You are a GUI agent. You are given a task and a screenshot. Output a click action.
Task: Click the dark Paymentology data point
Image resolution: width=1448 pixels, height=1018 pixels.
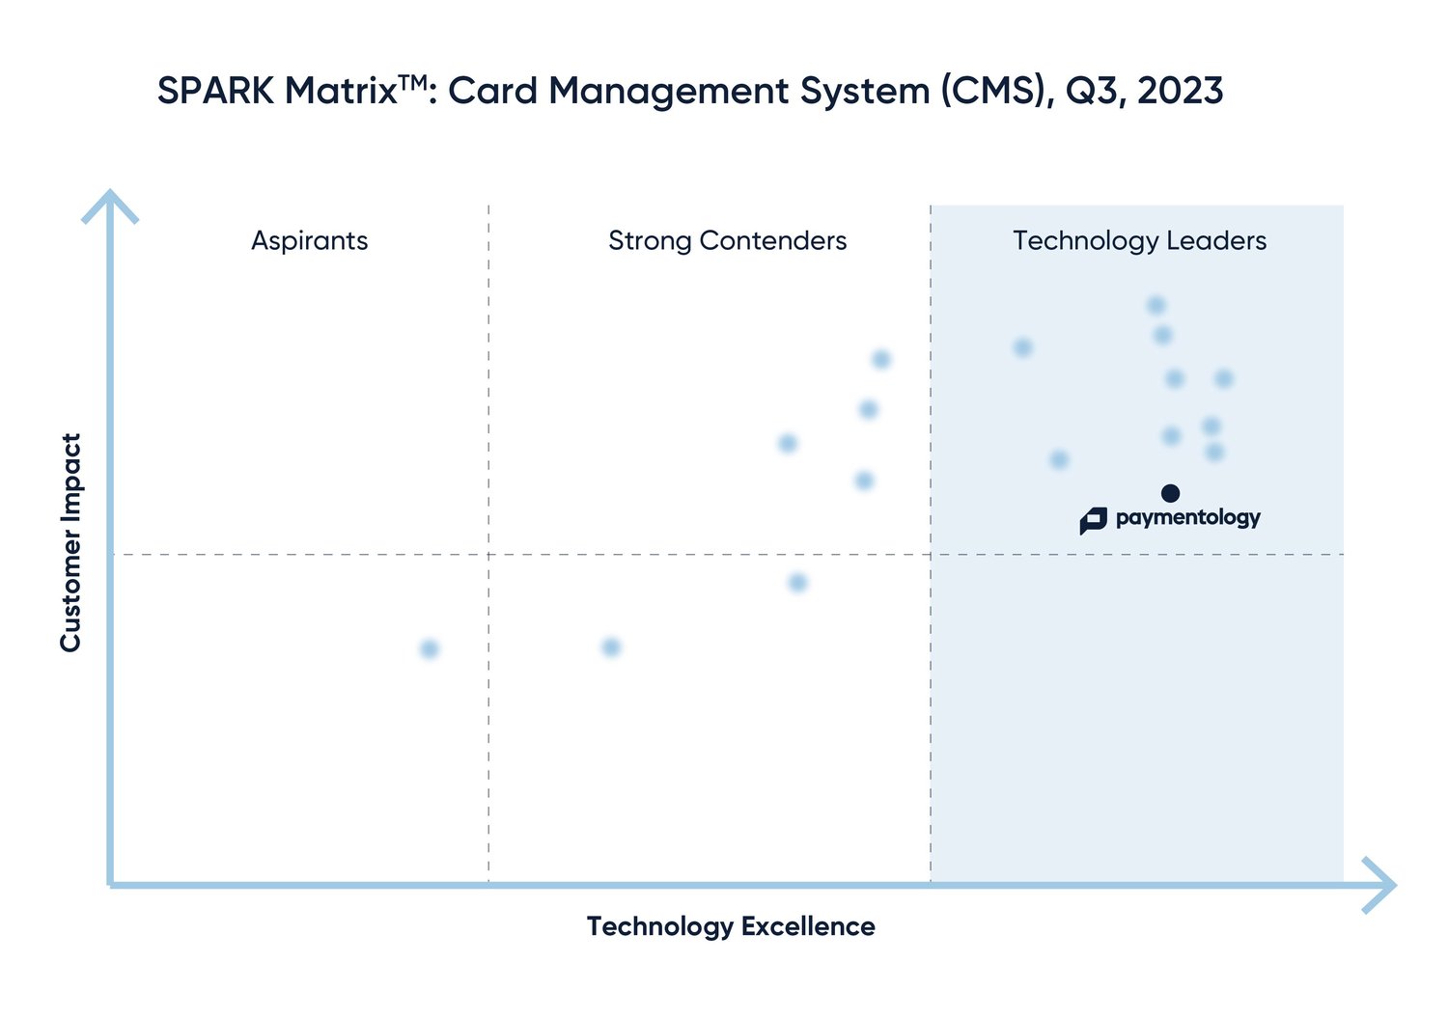pos(1170,493)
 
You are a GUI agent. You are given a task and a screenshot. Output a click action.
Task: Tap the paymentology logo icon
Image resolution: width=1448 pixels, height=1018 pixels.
pos(1093,520)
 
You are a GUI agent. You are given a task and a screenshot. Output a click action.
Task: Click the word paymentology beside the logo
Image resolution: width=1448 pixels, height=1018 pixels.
pos(1187,518)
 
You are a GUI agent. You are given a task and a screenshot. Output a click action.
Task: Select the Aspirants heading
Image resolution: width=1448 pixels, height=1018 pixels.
pos(310,240)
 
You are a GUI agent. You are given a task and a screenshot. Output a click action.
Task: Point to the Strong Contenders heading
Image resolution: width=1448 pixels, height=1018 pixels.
pos(727,240)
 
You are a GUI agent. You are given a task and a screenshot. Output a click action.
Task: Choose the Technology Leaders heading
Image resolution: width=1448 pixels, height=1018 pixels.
pos(1139,240)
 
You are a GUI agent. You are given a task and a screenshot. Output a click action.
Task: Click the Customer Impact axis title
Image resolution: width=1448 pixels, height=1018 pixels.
pos(70,542)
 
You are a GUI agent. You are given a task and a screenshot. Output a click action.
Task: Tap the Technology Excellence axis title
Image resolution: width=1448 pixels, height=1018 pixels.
pos(731,926)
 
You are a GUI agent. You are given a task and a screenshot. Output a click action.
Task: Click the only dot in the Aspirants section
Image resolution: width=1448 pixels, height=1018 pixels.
pos(430,648)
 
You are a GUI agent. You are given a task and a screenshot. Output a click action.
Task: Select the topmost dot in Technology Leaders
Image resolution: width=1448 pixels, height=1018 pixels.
pos(1156,306)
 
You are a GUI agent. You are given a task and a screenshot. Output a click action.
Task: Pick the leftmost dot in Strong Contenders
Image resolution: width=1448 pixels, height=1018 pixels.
pos(611,647)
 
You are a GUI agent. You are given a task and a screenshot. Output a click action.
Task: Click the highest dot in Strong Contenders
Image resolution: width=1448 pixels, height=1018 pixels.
pos(880,360)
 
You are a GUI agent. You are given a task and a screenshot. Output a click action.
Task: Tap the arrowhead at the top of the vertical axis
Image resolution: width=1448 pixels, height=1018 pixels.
pos(111,203)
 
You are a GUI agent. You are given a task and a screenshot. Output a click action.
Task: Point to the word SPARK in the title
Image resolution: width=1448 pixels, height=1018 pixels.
pos(215,92)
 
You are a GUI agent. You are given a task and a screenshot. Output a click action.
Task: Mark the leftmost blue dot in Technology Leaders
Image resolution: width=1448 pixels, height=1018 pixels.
pos(1023,347)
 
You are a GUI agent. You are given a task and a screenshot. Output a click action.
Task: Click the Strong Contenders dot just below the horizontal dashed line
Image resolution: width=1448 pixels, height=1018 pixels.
pos(797,583)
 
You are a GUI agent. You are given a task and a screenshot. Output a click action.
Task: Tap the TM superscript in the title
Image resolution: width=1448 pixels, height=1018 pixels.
pos(412,82)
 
